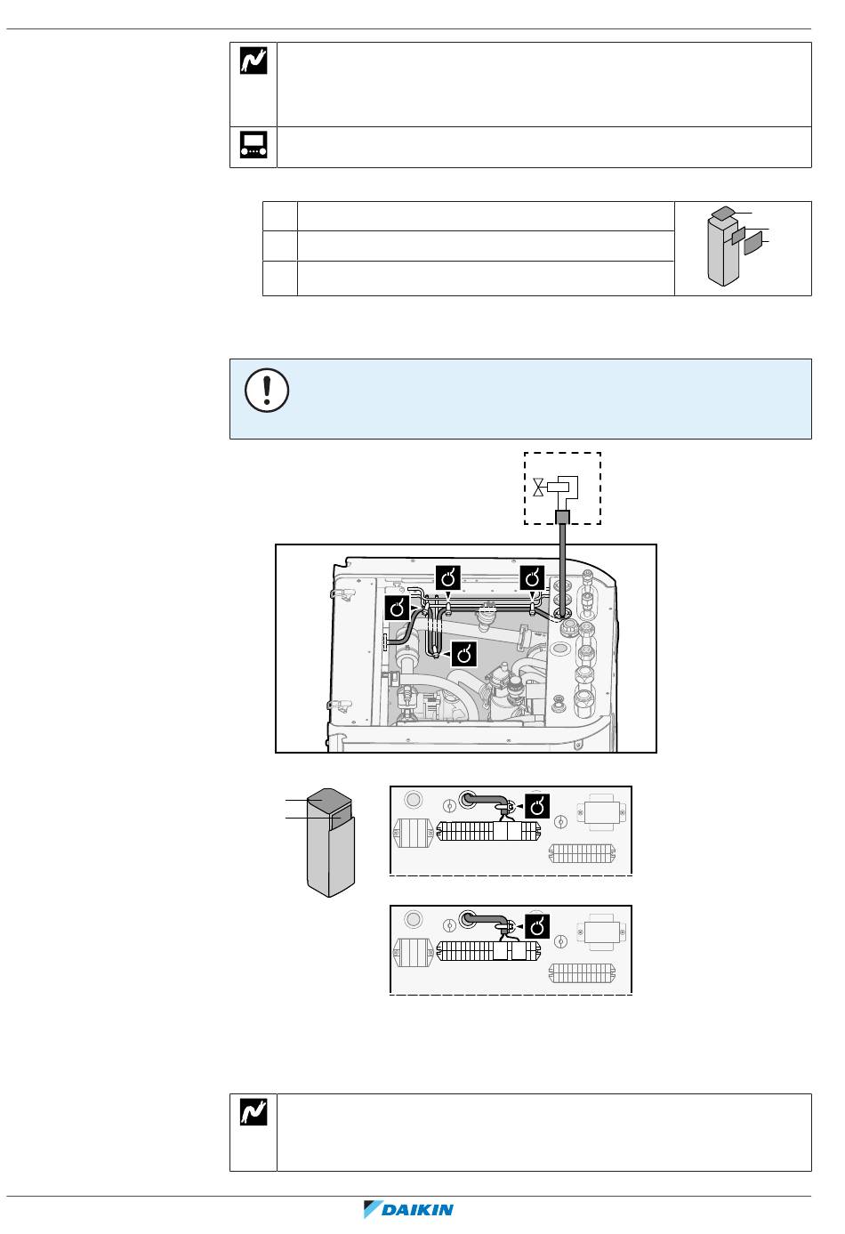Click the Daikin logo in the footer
(408, 1209)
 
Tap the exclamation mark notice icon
(267, 390)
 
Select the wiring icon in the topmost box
(253, 60)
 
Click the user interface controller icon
(253, 144)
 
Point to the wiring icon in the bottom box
(253, 1112)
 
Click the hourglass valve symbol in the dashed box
(538, 488)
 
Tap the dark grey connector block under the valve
(562, 517)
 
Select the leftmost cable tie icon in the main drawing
(397, 609)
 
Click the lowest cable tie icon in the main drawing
(463, 654)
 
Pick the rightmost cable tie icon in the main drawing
(532, 578)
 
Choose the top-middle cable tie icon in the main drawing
(447, 578)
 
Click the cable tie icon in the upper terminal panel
(537, 806)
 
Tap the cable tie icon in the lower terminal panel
(537, 927)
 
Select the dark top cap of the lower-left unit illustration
(329, 798)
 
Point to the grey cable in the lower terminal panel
(487, 919)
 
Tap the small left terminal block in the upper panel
(413, 833)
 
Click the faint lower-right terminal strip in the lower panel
(582, 973)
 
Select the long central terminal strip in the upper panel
(488, 831)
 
